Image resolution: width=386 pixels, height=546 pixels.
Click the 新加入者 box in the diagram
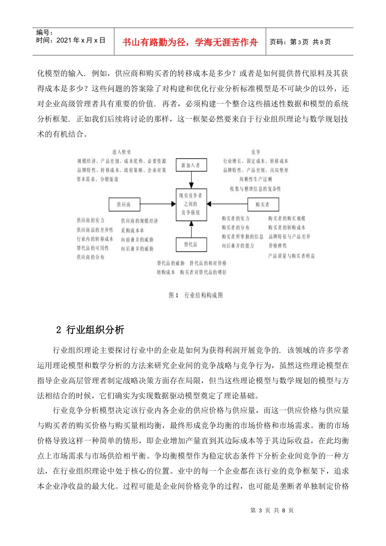point(191,165)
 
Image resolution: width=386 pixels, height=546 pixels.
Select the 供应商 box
point(124,204)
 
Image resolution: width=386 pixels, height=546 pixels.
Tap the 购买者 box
point(262,204)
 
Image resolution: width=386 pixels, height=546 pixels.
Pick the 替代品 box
point(191,244)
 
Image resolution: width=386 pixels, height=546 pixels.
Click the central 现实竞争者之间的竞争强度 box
point(191,204)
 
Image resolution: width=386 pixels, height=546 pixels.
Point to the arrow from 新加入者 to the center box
point(191,180)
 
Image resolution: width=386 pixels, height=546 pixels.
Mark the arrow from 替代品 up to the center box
point(191,229)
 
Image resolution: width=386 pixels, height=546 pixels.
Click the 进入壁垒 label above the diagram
point(121,152)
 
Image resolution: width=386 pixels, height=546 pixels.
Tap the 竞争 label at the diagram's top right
point(256,152)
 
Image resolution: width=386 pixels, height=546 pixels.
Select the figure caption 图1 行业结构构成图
point(196,295)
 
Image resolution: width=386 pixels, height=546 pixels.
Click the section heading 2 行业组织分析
point(90,330)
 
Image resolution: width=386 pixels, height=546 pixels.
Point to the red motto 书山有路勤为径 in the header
point(190,42)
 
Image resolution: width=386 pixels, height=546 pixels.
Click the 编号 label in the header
point(44,32)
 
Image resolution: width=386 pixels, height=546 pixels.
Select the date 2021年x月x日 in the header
point(71,40)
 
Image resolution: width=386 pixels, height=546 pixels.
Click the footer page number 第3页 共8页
point(272,510)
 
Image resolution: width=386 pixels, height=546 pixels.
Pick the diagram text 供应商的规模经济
point(139,221)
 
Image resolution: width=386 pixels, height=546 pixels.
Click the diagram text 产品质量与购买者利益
point(291,256)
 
